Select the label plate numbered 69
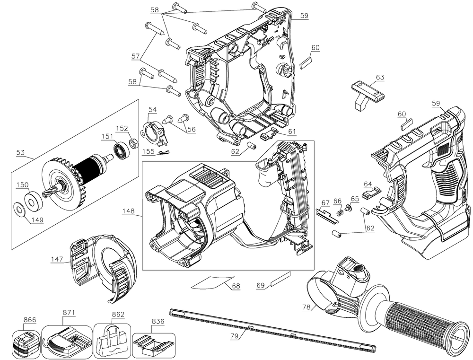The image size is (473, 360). click(280, 280)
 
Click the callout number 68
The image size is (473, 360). click(235, 286)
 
